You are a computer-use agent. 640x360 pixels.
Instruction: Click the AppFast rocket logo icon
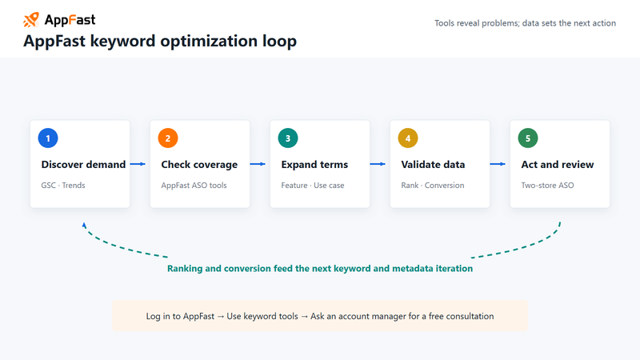pyautogui.click(x=31, y=19)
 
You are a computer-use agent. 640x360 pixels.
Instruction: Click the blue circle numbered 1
pyautogui.click(x=48, y=138)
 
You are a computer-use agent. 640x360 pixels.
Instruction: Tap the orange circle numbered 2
pyautogui.click(x=168, y=138)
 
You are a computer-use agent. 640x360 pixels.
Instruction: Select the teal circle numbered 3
pyautogui.click(x=288, y=138)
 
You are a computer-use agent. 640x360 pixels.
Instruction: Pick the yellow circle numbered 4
pyautogui.click(x=408, y=138)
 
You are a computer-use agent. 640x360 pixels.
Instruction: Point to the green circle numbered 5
pyautogui.click(x=528, y=138)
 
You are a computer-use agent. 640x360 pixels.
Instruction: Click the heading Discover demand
pyautogui.click(x=83, y=165)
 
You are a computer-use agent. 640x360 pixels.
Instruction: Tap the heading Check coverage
pyautogui.click(x=199, y=165)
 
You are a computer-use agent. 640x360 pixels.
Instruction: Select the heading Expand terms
pyautogui.click(x=314, y=165)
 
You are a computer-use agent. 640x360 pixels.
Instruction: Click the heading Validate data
pyautogui.click(x=433, y=165)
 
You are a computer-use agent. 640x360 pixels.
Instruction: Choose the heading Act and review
pyautogui.click(x=557, y=165)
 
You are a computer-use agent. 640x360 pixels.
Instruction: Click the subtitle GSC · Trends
pyautogui.click(x=63, y=186)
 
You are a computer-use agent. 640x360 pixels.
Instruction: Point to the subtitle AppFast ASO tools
pyautogui.click(x=194, y=186)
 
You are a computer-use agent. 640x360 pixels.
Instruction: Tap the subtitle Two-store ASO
pyautogui.click(x=547, y=186)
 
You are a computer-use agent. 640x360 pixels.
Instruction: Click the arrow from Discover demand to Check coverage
pyautogui.click(x=138, y=164)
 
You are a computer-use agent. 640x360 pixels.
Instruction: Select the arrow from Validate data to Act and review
pyautogui.click(x=498, y=164)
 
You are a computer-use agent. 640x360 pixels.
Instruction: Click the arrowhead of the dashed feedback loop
pyautogui.click(x=84, y=225)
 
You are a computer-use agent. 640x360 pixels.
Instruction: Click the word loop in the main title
pyautogui.click(x=279, y=42)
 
